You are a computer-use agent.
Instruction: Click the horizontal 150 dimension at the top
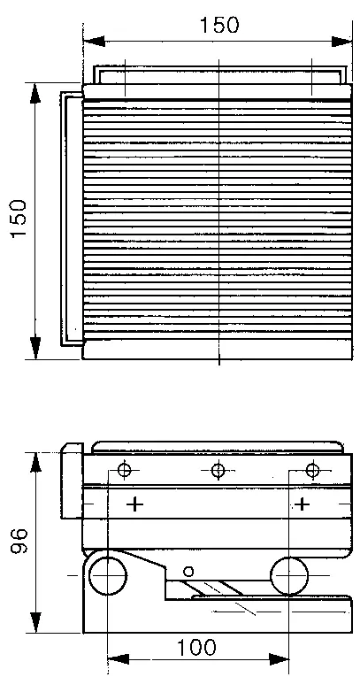(218, 25)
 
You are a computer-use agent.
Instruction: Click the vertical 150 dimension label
(19, 219)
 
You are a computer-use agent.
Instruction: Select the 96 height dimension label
(19, 542)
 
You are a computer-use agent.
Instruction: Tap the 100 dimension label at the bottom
(196, 647)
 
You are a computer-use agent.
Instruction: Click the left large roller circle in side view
(89, 575)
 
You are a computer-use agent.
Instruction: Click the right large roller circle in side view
(271, 575)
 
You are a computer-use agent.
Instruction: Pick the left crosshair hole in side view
(125, 469)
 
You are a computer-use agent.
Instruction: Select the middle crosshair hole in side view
(218, 469)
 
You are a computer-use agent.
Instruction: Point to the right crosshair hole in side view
(312, 469)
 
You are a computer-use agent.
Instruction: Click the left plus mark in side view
(135, 504)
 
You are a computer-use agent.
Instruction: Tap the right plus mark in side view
(303, 504)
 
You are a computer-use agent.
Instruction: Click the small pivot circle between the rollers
(188, 572)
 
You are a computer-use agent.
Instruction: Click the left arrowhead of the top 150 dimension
(94, 42)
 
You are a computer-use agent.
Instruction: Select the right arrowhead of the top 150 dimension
(342, 42)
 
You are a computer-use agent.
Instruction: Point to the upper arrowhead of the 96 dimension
(35, 463)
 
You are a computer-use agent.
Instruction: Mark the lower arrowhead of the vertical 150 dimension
(35, 349)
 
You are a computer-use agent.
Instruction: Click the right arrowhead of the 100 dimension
(279, 659)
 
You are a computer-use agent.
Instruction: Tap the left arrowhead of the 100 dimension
(118, 659)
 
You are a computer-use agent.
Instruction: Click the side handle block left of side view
(72, 481)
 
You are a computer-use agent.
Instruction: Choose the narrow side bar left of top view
(72, 219)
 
